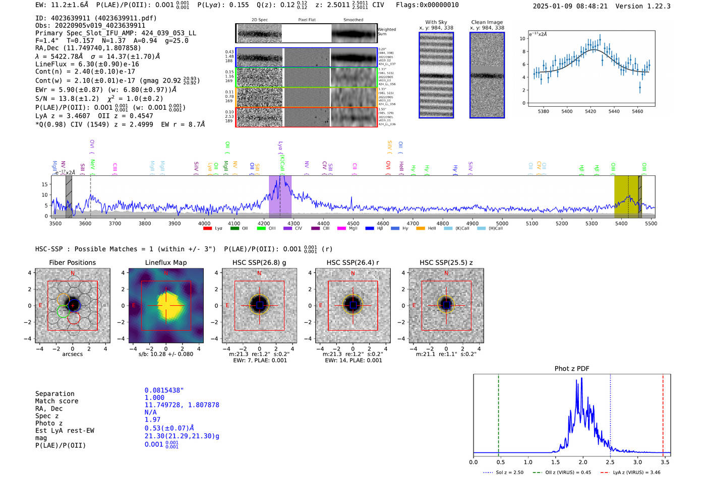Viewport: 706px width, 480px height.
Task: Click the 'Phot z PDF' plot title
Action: pos(572,368)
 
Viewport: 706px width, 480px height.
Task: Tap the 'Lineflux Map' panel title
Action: pos(166,262)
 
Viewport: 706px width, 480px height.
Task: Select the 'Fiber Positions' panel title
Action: pos(73,262)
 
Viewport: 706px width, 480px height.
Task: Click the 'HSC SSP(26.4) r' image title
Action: pos(352,262)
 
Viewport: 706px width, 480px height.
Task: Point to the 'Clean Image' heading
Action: pos(487,22)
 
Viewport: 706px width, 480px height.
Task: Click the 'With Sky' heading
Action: pos(436,22)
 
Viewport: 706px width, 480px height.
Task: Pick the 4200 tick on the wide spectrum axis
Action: pos(264,223)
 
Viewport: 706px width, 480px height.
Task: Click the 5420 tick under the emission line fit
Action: pos(591,111)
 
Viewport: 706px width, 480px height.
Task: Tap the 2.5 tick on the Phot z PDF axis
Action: pos(610,462)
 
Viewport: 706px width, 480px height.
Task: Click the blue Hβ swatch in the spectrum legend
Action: pos(370,228)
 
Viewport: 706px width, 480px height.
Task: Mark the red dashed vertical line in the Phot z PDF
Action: pos(663,413)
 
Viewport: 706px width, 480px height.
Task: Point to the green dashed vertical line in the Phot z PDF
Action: pos(498,413)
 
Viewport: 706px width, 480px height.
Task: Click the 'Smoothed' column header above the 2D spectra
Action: pos(353,20)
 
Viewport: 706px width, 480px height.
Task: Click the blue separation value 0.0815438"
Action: pos(164,390)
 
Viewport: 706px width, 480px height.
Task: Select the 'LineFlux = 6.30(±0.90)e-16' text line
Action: pos(87,64)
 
